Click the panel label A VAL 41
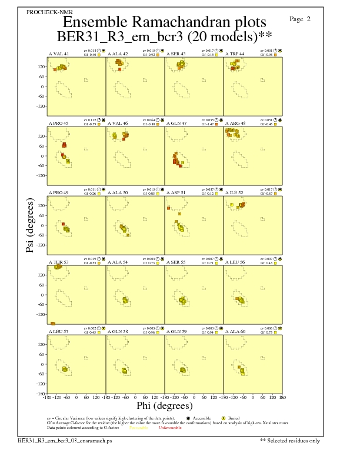(x=58, y=54)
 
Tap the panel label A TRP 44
(x=235, y=54)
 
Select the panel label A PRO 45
(x=58, y=124)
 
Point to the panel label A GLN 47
(x=176, y=124)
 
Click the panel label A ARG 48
(x=236, y=124)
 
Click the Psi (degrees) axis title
(x=29, y=225)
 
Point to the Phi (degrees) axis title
(x=164, y=405)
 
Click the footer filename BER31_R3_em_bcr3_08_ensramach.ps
(x=64, y=440)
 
